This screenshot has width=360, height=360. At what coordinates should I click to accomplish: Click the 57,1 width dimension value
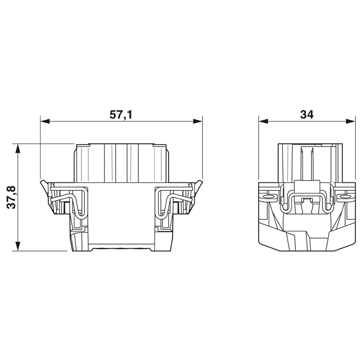(121, 115)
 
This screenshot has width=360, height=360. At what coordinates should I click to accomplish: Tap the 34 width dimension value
(307, 115)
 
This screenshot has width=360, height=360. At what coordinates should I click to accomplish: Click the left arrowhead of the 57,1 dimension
(45, 121)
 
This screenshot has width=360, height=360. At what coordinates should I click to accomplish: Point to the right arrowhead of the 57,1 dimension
(198, 121)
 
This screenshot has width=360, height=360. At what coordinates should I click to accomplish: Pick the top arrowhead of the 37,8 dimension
(18, 148)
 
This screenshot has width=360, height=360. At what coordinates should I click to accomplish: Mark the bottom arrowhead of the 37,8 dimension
(18, 246)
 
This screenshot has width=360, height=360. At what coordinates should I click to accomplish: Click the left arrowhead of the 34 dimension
(263, 121)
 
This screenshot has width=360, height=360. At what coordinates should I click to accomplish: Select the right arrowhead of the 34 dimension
(351, 121)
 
